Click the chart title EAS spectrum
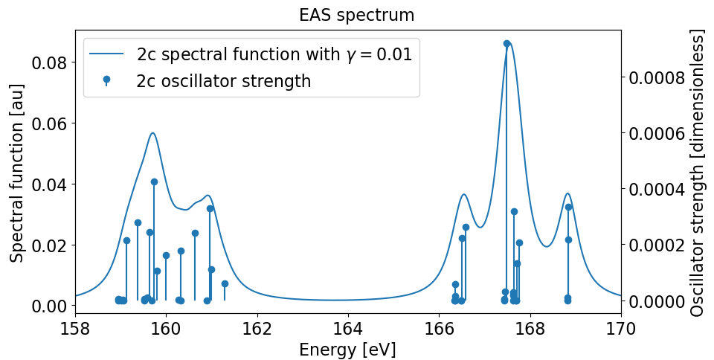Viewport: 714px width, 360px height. [x=356, y=15]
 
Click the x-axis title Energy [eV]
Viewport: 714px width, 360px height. [x=347, y=350]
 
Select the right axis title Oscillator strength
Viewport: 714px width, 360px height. [x=696, y=173]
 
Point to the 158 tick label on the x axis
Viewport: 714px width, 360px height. [x=74, y=328]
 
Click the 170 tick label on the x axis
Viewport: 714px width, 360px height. [x=620, y=328]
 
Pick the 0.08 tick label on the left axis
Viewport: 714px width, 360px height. [x=46, y=62]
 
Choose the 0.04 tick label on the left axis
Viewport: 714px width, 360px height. [x=46, y=184]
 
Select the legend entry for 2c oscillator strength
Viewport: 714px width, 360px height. [x=223, y=81]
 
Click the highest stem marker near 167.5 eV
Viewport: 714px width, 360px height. [x=506, y=43]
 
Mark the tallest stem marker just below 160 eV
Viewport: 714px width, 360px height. [x=154, y=181]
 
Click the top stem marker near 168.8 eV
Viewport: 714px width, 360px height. [x=568, y=207]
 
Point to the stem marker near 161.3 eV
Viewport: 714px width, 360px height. [x=225, y=283]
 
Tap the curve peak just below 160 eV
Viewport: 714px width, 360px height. [x=152, y=133]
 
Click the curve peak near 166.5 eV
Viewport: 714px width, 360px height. [x=463, y=194]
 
